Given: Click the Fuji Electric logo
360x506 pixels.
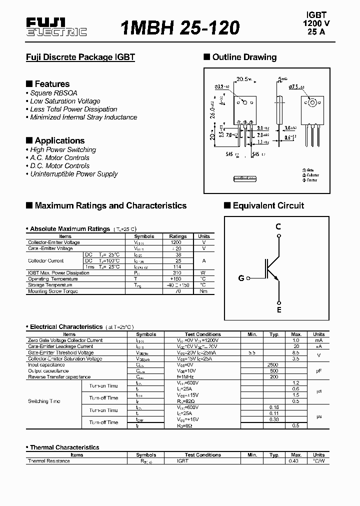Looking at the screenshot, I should point(56,27).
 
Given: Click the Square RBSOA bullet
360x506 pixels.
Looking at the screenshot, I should point(50,93).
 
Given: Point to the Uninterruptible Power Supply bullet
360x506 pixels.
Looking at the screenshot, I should point(74,174).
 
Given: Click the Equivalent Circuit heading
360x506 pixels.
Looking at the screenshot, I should point(268,205).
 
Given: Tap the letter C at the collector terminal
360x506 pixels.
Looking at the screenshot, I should point(278,226).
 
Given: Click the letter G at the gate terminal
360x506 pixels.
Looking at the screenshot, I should point(241,278).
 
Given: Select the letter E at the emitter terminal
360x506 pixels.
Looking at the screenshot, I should point(279,310).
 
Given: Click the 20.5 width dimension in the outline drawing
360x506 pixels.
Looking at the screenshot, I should point(243,79).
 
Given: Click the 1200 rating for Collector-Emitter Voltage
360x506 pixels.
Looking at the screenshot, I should point(176,242).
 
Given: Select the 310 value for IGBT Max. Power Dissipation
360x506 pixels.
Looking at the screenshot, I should point(177,273).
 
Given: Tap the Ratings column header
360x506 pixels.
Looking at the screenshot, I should point(178,236).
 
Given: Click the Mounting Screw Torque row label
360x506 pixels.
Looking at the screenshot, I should point(53,291).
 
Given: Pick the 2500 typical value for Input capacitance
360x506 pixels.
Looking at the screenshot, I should point(273,364).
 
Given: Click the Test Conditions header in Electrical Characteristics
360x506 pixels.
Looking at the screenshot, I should point(202,334).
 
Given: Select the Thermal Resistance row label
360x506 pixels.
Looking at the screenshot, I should point(49,461).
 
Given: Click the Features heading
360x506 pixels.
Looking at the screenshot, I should point(52,84).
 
